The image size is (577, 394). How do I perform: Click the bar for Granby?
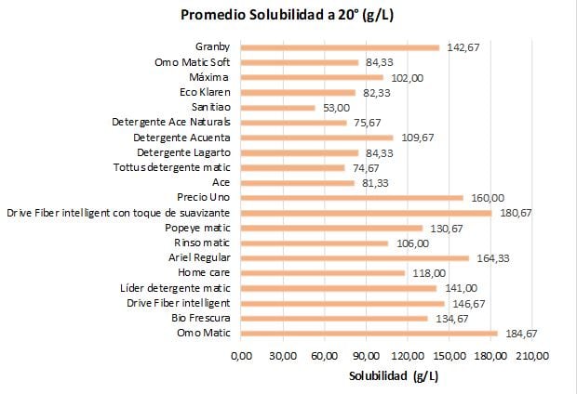click(x=340, y=47)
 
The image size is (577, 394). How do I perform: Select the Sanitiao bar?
click(x=278, y=108)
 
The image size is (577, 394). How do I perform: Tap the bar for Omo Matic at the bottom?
click(x=369, y=334)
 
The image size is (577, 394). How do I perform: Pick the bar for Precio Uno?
click(x=352, y=198)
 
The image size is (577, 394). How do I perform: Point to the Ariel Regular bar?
click(x=356, y=258)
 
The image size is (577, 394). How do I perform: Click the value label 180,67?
click(x=516, y=213)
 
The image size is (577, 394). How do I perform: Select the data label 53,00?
click(x=336, y=108)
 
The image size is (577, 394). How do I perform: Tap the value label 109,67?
click(x=418, y=138)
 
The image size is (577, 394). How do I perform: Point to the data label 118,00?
click(x=429, y=273)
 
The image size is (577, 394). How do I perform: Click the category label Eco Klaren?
click(x=205, y=92)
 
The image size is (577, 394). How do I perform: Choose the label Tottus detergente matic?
click(x=172, y=167)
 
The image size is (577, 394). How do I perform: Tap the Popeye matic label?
click(x=197, y=229)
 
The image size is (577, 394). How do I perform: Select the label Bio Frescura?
click(x=201, y=318)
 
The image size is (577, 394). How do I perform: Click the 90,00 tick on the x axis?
click(x=366, y=356)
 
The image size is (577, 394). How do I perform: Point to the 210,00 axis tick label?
click(x=533, y=356)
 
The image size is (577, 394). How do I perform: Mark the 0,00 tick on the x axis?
click(x=241, y=356)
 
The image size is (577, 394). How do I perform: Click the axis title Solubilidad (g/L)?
click(x=394, y=376)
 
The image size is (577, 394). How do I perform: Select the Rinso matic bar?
click(x=315, y=243)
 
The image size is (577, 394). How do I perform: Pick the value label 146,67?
click(x=469, y=304)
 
